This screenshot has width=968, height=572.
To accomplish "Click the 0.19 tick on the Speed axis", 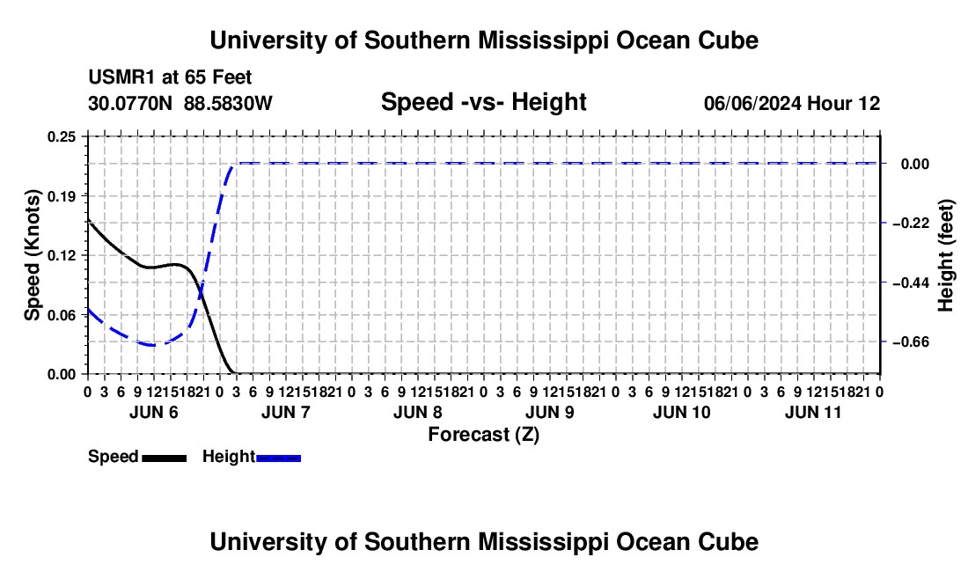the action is pos(61,196).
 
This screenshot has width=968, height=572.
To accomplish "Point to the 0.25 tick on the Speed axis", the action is pos(61,137).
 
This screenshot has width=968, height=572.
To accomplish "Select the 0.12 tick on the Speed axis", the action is pos(61,255).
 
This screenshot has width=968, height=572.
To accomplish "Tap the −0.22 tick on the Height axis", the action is pos(911,224).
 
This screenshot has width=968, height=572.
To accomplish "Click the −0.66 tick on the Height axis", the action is pos(911,341).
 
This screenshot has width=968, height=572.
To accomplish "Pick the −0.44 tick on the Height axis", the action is pos(911,282).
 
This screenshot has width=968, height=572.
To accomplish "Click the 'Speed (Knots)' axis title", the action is pos(32,255).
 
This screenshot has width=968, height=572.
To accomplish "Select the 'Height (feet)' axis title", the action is pos(945,255).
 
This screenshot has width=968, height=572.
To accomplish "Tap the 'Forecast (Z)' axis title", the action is pos(483,435).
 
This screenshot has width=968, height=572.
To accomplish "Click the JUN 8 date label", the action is pos(417,412).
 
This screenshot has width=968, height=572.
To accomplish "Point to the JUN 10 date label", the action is pos(681,412).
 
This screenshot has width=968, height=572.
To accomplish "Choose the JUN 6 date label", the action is pos(154,412).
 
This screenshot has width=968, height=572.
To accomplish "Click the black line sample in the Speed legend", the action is pos(165,458).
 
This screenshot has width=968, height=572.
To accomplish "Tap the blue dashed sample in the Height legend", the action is pos(278,458).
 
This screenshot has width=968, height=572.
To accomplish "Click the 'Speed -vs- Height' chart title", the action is pos(483,102).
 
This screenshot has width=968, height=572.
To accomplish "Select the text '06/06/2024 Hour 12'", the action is pos(792,103).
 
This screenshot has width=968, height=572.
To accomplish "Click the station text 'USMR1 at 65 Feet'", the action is pos(170,77).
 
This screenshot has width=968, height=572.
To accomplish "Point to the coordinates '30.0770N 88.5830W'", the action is pos(180,103).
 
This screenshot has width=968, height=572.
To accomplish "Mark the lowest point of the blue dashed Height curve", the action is pos(152,345).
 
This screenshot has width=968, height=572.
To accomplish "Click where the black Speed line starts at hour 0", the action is pos(88,219).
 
